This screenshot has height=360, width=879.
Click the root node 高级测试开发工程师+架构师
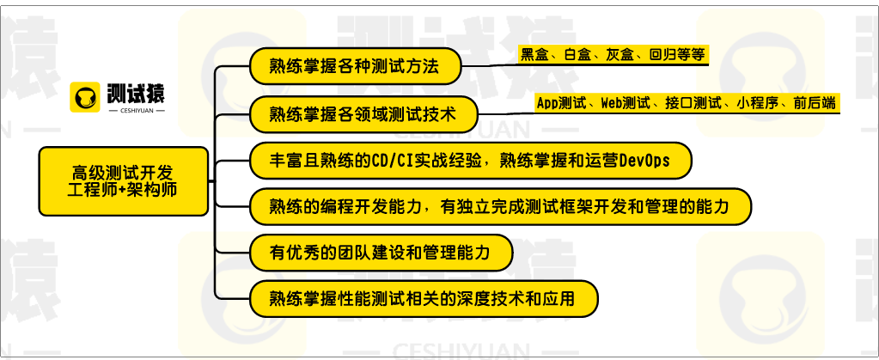[123, 180]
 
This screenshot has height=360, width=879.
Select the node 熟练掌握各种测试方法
[354, 66]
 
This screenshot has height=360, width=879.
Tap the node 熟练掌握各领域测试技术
[362, 113]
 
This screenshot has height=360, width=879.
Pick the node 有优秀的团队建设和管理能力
[381, 253]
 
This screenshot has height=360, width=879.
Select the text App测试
[559, 103]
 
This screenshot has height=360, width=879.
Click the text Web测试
[623, 103]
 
